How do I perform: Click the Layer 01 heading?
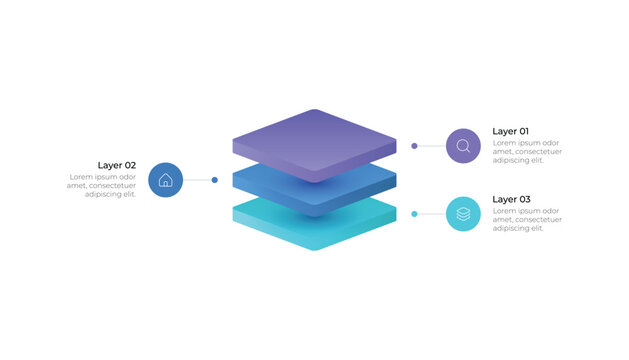[510, 131]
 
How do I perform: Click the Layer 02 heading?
[116, 165]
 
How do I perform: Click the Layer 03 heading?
[511, 199]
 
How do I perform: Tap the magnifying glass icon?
[463, 146]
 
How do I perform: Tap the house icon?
[166, 180]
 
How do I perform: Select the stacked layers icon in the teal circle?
[463, 214]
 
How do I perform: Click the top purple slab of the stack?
[314, 140]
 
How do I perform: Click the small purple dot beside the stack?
[414, 146]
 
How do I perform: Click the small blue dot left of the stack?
[215, 180]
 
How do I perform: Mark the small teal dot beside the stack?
[414, 214]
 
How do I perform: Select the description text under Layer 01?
[526, 151]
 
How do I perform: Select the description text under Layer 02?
[101, 185]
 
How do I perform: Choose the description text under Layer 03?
[526, 219]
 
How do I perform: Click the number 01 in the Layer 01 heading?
[523, 131]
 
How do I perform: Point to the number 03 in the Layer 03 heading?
[524, 199]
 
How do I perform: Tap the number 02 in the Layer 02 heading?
[129, 165]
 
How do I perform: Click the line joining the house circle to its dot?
[198, 180]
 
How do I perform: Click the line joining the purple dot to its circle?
[431, 146]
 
